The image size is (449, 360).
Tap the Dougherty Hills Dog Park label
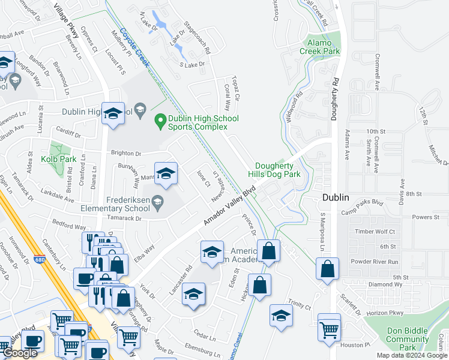pyautogui.click(x=277, y=170)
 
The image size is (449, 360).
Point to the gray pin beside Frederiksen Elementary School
pyautogui.click(x=157, y=200)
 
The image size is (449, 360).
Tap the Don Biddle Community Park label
pyautogui.click(x=407, y=339)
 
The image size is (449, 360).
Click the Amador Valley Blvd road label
pyautogui.click(x=229, y=206)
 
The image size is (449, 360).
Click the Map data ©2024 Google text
pyautogui.click(x=411, y=355)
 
